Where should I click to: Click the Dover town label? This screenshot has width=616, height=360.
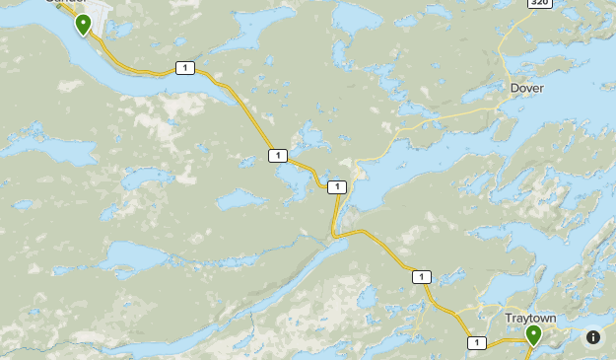526,88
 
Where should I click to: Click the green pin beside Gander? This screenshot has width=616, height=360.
83,24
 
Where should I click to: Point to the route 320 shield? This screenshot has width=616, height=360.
538,3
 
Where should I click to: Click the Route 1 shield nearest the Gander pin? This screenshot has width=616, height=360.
183,68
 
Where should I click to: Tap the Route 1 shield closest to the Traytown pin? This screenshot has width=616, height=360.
477,342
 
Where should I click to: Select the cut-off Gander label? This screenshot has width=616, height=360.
66,3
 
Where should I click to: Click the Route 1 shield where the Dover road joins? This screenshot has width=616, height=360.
337,187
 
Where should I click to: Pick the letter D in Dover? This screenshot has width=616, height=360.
514,88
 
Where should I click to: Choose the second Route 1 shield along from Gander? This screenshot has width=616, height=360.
277,155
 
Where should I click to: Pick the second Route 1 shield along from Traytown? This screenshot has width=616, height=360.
422,277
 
